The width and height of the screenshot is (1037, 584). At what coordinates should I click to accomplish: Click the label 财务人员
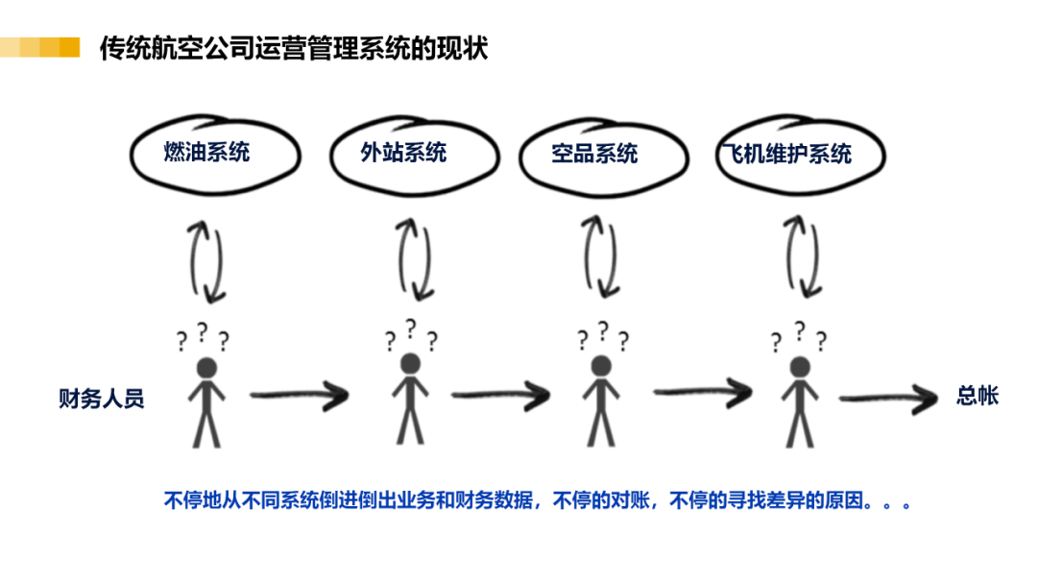coord(101,399)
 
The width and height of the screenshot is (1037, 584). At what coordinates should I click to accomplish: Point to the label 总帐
coord(977,396)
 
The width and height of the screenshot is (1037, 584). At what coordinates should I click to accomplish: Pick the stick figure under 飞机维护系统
coord(800,402)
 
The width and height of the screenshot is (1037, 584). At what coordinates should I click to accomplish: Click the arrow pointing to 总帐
coord(888,399)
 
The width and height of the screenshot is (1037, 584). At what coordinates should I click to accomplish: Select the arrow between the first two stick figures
coord(299,396)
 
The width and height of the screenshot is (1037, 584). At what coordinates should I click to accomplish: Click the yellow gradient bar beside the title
coord(39,47)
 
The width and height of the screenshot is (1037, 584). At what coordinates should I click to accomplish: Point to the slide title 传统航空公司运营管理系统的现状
coord(294,48)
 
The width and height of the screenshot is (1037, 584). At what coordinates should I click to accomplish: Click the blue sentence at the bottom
coord(538,500)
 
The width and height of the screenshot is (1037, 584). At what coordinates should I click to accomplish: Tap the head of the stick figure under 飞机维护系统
coord(800,366)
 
